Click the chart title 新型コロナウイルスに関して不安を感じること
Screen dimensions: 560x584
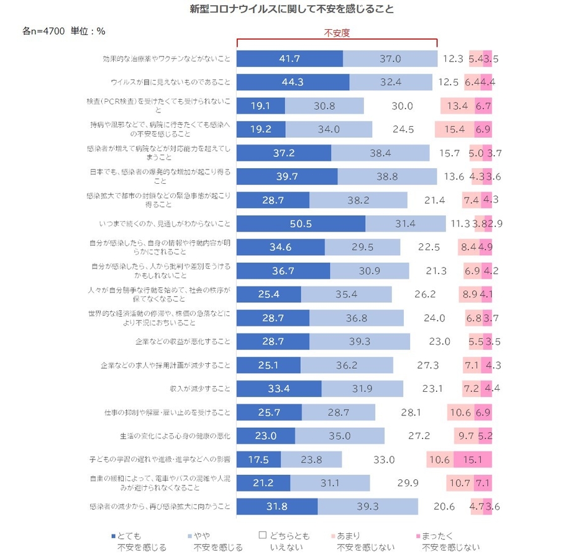pos(291,10)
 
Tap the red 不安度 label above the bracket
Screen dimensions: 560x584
pos(337,33)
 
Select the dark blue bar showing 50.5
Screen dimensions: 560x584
pos(301,224)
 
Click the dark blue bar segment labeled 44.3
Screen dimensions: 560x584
pos(293,82)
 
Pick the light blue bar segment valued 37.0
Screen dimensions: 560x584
pos(390,58)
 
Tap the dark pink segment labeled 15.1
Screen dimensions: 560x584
pos(473,459)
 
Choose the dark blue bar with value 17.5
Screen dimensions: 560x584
pos(258,459)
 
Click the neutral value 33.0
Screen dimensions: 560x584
pos(384,459)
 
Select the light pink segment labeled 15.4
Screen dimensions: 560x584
pos(454,129)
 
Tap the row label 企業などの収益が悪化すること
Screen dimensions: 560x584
pos(183,341)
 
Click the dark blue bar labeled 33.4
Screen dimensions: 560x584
pos(279,389)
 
